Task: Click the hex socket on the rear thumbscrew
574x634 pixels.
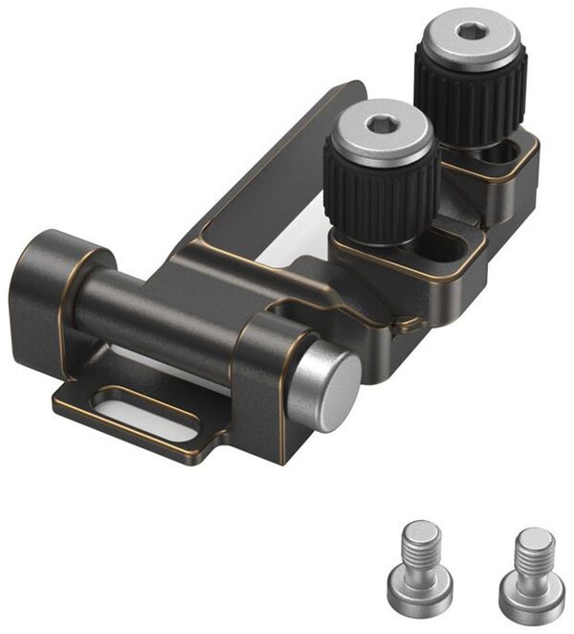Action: tap(470, 32)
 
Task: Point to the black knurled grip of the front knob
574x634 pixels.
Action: tap(382, 186)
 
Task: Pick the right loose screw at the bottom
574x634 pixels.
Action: tap(530, 568)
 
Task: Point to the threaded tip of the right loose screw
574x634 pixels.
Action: tap(532, 545)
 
